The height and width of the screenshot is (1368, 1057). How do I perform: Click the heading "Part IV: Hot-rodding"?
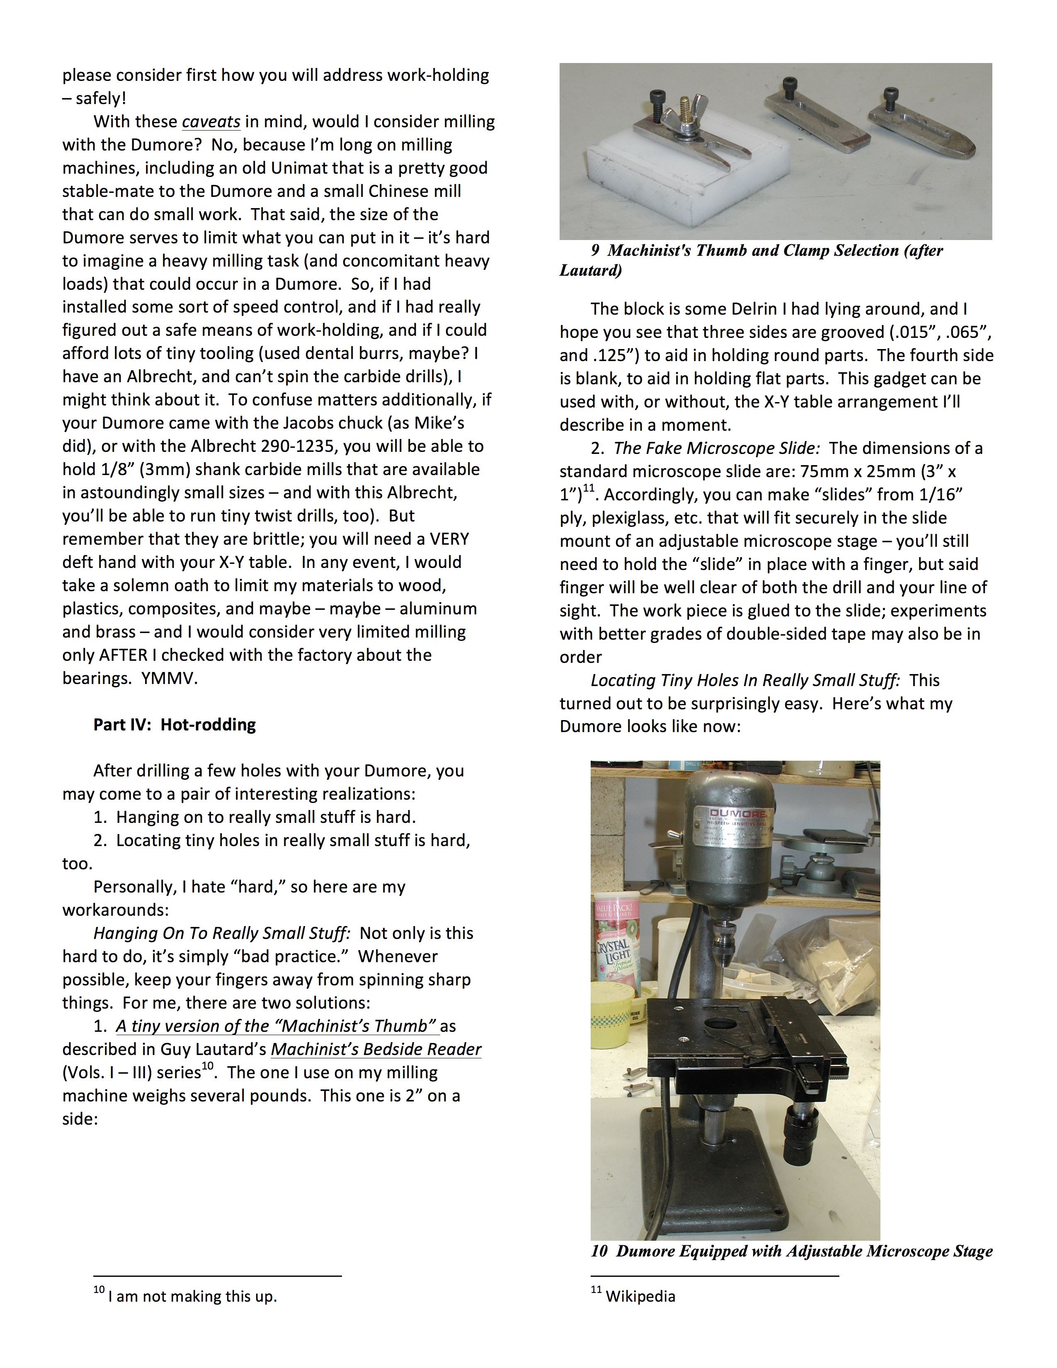point(175,725)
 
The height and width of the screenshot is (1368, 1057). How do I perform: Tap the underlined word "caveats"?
point(211,121)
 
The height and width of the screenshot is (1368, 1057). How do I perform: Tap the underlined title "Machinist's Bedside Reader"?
point(376,1049)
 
